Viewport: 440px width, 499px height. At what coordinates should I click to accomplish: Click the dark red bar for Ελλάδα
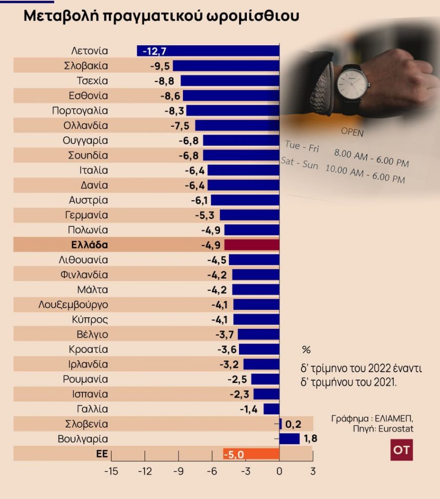(x=252, y=245)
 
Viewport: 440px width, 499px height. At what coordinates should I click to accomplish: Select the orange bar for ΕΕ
(x=251, y=454)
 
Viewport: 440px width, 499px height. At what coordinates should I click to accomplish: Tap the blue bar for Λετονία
(x=208, y=51)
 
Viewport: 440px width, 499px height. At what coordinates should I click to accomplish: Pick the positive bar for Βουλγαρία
(x=290, y=439)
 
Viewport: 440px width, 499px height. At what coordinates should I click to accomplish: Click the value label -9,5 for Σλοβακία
(x=159, y=66)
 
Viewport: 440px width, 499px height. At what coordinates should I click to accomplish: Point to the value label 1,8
(x=310, y=439)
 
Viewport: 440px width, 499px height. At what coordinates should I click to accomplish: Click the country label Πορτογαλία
(x=80, y=111)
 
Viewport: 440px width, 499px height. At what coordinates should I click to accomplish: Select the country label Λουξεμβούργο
(x=73, y=305)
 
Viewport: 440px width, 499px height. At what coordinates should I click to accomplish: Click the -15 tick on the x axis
(x=112, y=471)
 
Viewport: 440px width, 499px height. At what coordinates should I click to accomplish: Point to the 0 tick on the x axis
(x=279, y=471)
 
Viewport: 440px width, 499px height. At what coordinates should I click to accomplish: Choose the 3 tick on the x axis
(x=313, y=471)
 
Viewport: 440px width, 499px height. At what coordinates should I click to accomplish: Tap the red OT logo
(x=401, y=450)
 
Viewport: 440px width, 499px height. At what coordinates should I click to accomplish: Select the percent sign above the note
(x=306, y=350)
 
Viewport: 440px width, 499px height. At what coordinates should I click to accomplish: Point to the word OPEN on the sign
(x=352, y=132)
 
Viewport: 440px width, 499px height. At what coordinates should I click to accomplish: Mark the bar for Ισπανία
(x=266, y=394)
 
